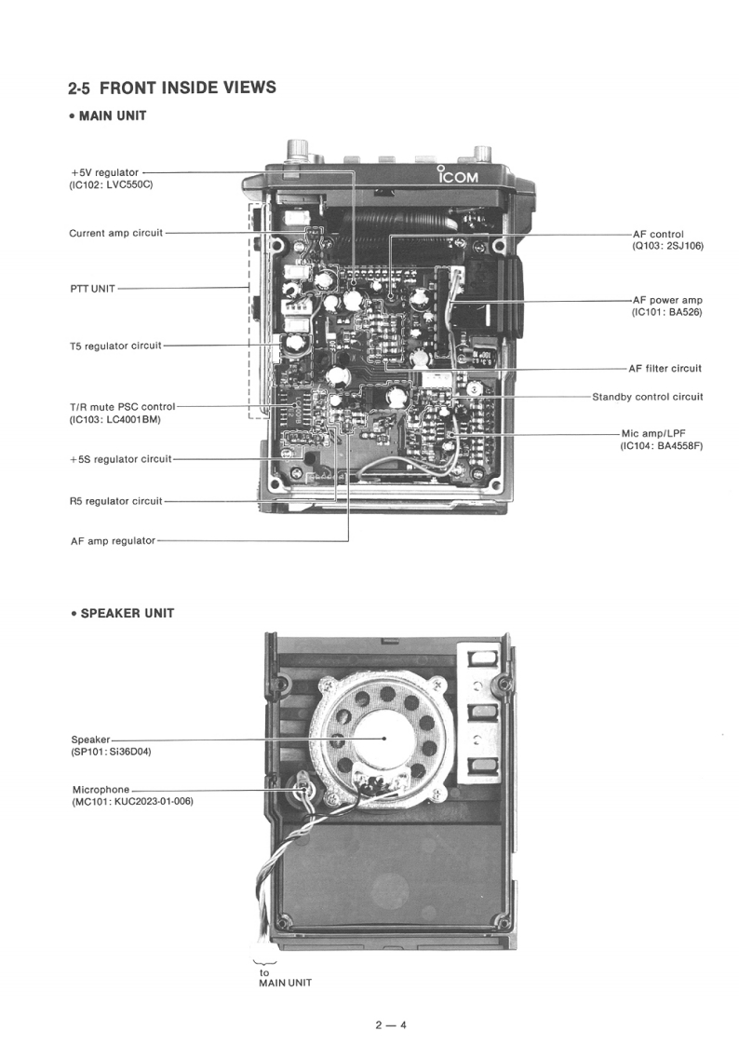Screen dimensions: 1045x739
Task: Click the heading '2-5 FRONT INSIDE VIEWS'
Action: (x=172, y=88)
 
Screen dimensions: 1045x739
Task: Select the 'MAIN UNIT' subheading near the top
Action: (x=113, y=116)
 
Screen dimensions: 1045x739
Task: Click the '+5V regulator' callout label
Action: (x=104, y=172)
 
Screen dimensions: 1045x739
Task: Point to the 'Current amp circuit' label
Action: (x=115, y=233)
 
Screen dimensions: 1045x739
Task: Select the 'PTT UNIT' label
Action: (x=92, y=289)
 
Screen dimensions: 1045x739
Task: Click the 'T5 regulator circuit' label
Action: (x=115, y=346)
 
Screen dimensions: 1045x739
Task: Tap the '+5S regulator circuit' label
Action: (x=121, y=459)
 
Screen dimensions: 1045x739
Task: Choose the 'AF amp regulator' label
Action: (x=113, y=540)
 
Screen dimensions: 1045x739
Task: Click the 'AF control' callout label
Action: (x=657, y=234)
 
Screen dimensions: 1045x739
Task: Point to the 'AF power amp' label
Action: (x=666, y=300)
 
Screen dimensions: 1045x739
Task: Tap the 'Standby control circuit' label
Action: (x=648, y=397)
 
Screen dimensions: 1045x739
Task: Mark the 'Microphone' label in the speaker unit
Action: (x=101, y=790)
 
